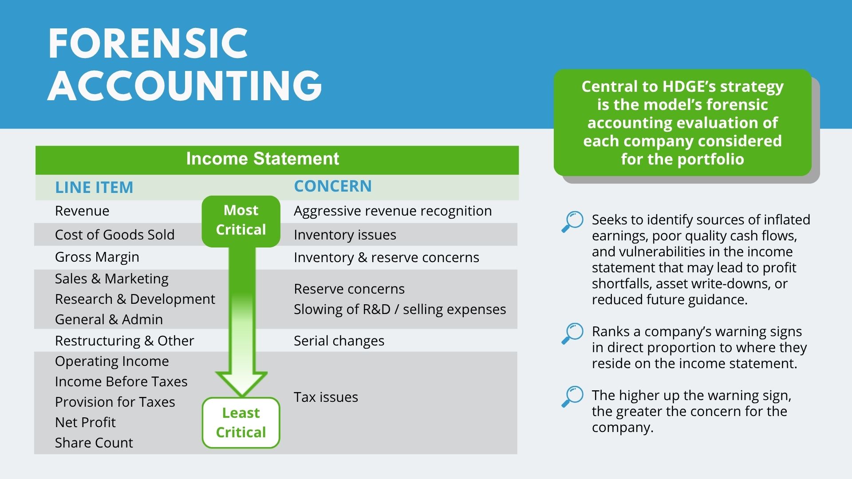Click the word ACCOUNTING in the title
pyautogui.click(x=185, y=85)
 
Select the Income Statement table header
pyautogui.click(x=263, y=159)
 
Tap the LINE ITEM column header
pyautogui.click(x=94, y=187)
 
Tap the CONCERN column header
pyautogui.click(x=333, y=186)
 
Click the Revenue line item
pyautogui.click(x=82, y=211)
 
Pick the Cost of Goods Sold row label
pyautogui.click(x=115, y=235)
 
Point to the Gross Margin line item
pyautogui.click(x=97, y=257)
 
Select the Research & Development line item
pyautogui.click(x=135, y=299)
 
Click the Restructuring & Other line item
pyautogui.click(x=125, y=341)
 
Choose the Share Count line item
pyautogui.click(x=94, y=443)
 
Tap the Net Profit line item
pyautogui.click(x=85, y=422)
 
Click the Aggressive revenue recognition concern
pyautogui.click(x=393, y=211)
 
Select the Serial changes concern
pyautogui.click(x=339, y=341)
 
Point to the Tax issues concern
pyautogui.click(x=326, y=397)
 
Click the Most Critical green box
pyautogui.click(x=241, y=221)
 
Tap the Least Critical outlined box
pyautogui.click(x=241, y=423)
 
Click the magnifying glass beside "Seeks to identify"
pyautogui.click(x=572, y=222)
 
